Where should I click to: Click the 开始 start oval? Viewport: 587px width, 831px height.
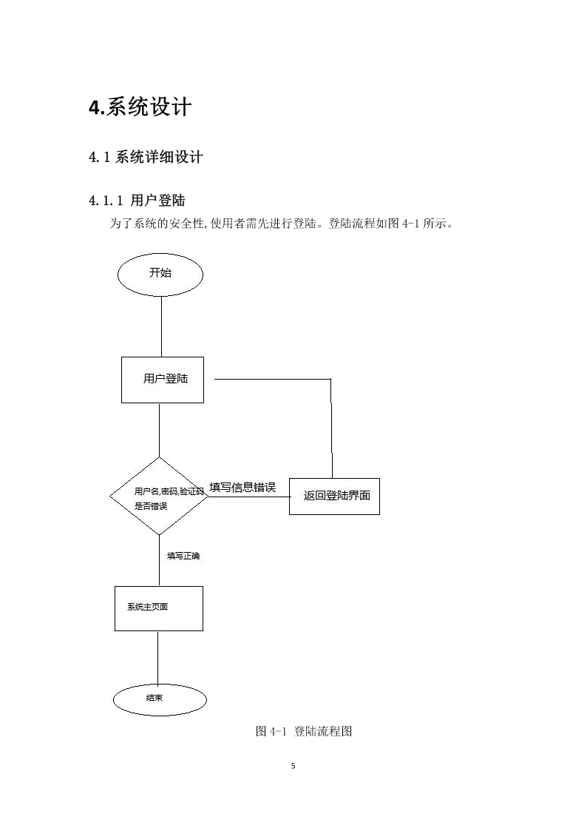coord(160,275)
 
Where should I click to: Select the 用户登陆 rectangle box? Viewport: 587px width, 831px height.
coord(163,380)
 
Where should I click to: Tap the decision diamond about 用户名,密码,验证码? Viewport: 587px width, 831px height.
coord(160,497)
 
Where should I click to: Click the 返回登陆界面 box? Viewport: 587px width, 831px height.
coord(334,496)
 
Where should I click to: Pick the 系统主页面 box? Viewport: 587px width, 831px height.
coord(159,608)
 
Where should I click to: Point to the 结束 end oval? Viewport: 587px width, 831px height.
coord(160,699)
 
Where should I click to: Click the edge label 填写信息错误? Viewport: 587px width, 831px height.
coord(242,487)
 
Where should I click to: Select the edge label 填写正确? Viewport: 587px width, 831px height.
coord(183,556)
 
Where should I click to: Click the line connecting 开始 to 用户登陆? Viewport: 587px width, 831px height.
coord(161,326)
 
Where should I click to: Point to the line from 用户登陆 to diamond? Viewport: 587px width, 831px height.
coord(160,431)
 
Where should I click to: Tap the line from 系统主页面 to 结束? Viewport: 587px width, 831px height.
coord(157,658)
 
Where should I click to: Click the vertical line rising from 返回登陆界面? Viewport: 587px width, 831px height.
coord(332,428)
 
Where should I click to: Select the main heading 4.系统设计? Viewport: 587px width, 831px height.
coord(140,107)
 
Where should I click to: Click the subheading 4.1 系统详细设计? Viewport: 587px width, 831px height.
coord(146,157)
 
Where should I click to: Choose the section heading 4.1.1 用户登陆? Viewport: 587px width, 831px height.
coord(137,201)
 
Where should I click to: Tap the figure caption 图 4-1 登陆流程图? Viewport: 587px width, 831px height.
coord(304,731)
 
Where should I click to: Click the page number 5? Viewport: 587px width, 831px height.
coord(293,766)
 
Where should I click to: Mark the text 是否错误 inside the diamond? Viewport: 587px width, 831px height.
coord(151,506)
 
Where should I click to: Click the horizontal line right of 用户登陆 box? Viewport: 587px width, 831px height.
coord(273,379)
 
